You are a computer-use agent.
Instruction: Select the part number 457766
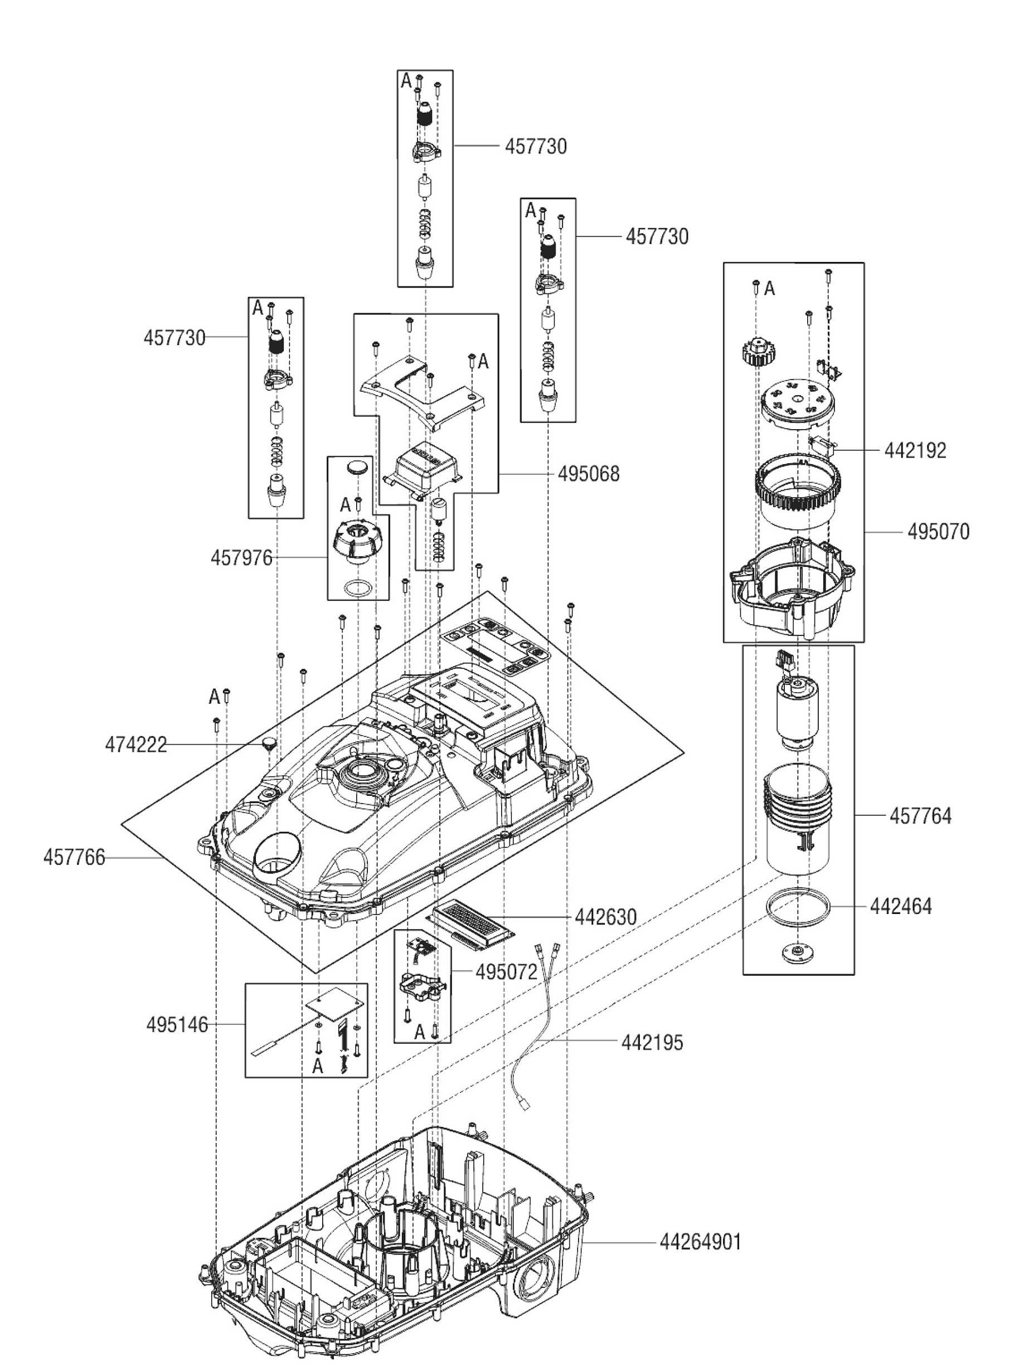click(x=74, y=858)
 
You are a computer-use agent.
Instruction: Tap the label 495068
click(x=588, y=474)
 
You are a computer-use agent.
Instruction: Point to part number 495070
click(x=938, y=532)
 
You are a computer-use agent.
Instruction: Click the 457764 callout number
click(x=920, y=816)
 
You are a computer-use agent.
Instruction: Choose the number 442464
click(x=900, y=907)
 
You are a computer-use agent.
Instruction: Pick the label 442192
click(x=915, y=451)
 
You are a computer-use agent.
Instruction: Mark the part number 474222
click(x=136, y=745)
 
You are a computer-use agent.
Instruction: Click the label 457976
click(x=241, y=558)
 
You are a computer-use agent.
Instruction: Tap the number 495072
click(x=506, y=972)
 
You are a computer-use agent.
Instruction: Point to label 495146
click(x=177, y=1024)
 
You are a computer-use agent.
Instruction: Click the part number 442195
click(x=652, y=1043)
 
